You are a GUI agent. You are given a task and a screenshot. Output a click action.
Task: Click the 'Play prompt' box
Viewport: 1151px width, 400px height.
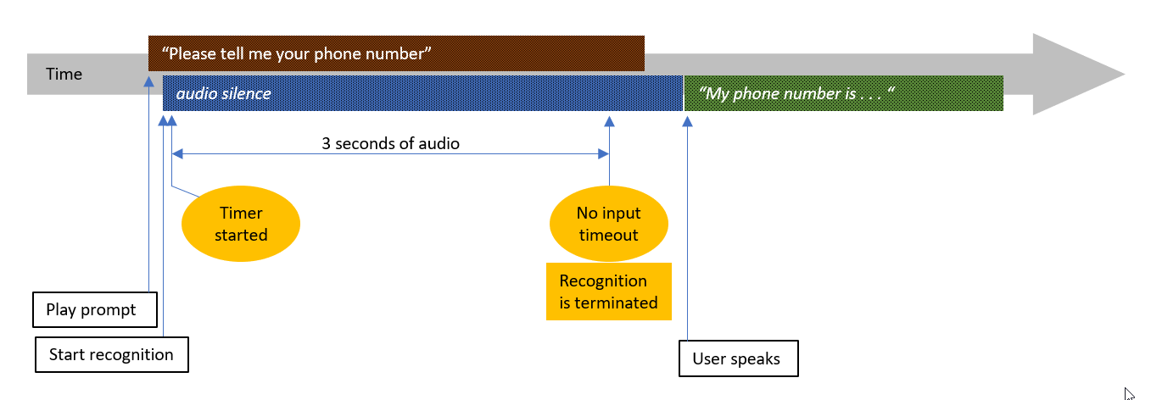point(96,309)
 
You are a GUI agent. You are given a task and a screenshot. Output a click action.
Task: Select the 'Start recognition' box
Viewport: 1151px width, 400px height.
point(111,354)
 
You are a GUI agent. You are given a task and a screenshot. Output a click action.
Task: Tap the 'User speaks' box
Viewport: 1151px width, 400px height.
point(739,358)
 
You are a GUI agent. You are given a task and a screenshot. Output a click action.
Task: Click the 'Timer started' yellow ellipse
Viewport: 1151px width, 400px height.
point(241,224)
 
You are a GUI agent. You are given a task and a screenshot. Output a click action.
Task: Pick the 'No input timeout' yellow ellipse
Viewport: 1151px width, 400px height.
point(608,224)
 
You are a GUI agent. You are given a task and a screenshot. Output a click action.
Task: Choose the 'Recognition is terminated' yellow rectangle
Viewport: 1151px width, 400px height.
point(608,292)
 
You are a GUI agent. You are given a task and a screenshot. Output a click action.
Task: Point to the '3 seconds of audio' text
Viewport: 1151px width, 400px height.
point(390,143)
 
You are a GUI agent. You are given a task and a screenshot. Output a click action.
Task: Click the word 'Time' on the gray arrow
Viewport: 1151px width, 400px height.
point(64,75)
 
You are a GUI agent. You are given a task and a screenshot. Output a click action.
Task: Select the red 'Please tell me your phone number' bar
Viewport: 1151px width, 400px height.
point(396,53)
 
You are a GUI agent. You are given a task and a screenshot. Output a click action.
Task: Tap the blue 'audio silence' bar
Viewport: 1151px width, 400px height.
point(422,93)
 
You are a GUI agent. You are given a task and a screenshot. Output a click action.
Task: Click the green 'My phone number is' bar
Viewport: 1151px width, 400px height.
point(844,93)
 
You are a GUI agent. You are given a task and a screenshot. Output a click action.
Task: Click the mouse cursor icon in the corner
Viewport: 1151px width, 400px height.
point(1129,392)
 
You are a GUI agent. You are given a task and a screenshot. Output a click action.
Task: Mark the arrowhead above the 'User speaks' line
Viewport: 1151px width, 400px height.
point(687,121)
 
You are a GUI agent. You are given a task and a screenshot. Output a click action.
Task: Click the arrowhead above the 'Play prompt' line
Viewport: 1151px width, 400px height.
point(149,81)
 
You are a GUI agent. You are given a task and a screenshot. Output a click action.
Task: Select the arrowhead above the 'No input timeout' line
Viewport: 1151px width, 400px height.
point(608,121)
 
